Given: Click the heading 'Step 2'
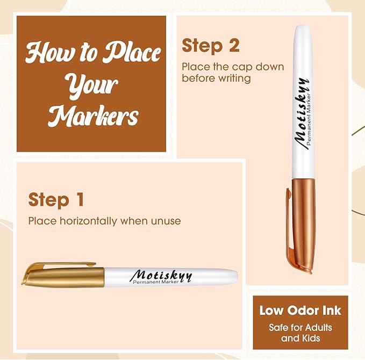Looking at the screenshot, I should (211, 46).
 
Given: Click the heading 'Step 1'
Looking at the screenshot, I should (56, 200).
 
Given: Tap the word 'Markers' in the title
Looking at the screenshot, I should (92, 115).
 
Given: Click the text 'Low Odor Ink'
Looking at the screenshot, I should (300, 311).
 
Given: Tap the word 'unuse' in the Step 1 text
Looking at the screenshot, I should (167, 221).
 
